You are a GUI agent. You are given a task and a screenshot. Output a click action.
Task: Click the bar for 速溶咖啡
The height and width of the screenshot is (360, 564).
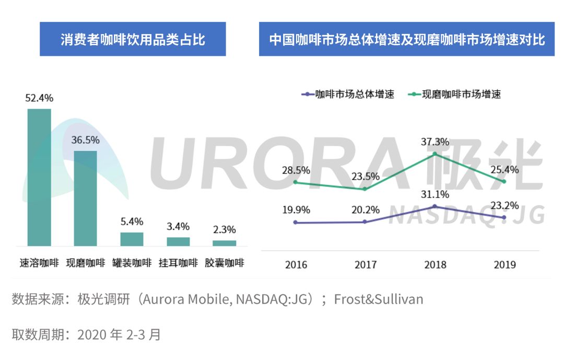(x=39, y=177)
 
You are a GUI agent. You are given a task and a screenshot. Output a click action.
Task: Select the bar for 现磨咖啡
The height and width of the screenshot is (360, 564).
(x=85, y=198)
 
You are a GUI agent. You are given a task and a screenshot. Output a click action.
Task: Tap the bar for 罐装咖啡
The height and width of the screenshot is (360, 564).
(x=132, y=239)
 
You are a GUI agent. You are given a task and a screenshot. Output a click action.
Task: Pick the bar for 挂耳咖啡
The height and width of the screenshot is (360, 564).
(x=178, y=241)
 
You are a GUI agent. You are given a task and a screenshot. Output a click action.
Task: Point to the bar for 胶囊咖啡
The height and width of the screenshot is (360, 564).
(x=224, y=243)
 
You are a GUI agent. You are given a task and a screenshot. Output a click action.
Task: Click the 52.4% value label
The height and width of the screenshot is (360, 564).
(x=39, y=98)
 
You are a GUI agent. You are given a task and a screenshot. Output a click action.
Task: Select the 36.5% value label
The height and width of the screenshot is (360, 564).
(x=85, y=140)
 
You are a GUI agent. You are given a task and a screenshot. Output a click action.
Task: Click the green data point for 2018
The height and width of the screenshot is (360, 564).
(x=435, y=154)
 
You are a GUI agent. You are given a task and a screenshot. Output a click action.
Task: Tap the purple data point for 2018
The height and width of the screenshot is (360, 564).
(x=435, y=206)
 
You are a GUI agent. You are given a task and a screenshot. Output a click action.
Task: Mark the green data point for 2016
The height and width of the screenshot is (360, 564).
(x=296, y=182)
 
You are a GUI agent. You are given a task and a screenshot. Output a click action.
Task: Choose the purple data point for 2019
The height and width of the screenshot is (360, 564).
(x=504, y=217)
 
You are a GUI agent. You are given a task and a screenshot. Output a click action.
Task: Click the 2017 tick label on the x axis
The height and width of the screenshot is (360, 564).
(x=366, y=264)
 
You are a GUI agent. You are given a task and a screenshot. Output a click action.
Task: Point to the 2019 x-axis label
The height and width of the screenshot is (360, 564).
(x=504, y=264)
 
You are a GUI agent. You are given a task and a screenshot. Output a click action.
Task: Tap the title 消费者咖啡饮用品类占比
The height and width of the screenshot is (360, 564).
(x=133, y=39)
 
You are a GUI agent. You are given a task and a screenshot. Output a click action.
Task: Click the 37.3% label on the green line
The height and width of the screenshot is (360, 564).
(x=435, y=142)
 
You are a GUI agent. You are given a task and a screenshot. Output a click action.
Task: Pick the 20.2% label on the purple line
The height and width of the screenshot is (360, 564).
(x=366, y=210)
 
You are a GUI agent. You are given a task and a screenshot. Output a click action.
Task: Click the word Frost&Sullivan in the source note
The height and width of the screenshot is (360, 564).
(x=379, y=299)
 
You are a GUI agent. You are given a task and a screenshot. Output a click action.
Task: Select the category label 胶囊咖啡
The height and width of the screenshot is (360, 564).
(x=224, y=263)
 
